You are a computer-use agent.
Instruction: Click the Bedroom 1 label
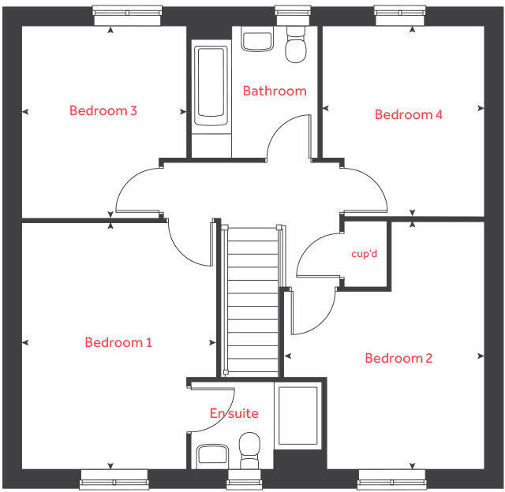click(x=118, y=342)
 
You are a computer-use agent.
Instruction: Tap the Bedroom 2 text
click(x=398, y=358)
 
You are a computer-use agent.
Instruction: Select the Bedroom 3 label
click(x=103, y=110)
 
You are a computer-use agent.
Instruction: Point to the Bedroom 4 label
click(x=408, y=114)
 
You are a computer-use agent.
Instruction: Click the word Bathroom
click(x=274, y=91)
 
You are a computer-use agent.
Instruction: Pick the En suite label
click(x=234, y=413)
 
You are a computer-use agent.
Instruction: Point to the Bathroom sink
click(x=257, y=40)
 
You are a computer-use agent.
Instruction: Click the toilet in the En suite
click(x=249, y=447)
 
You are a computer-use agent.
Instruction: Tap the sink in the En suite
click(x=212, y=454)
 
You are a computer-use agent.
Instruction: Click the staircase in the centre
click(x=252, y=300)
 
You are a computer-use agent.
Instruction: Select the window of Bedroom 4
click(x=401, y=11)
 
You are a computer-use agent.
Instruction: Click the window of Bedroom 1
click(x=114, y=478)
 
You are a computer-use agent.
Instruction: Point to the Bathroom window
click(x=290, y=11)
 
